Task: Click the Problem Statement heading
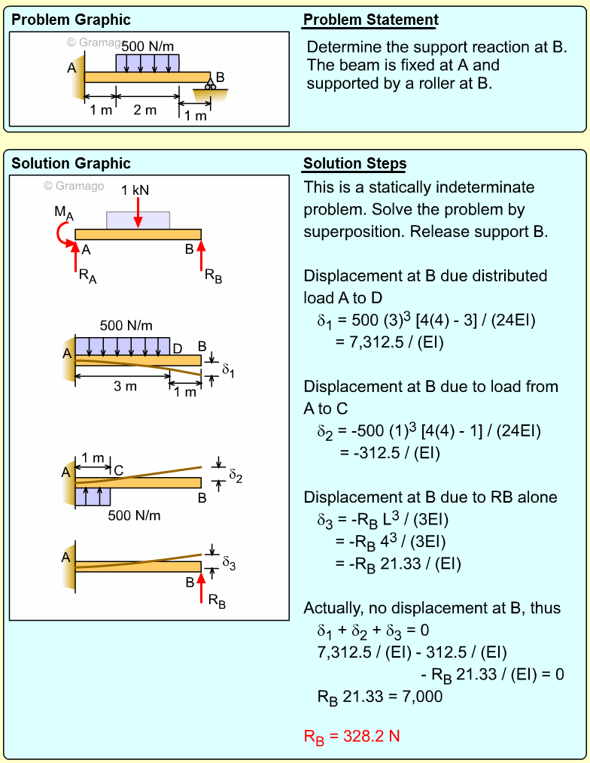click(x=370, y=20)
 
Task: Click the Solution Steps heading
click(x=354, y=164)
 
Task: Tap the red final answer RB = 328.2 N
click(x=351, y=737)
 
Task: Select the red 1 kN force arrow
click(x=138, y=212)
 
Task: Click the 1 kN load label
click(x=135, y=190)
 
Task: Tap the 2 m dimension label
click(x=145, y=111)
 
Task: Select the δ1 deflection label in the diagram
click(x=228, y=369)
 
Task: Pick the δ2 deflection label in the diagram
click(x=236, y=475)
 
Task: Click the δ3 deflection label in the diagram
click(x=229, y=561)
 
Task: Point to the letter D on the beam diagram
click(x=178, y=348)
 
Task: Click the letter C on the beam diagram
click(x=118, y=471)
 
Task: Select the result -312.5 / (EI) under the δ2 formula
click(x=390, y=453)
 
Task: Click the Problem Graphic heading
click(x=71, y=20)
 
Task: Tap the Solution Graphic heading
click(x=71, y=164)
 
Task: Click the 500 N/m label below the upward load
click(x=134, y=516)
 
